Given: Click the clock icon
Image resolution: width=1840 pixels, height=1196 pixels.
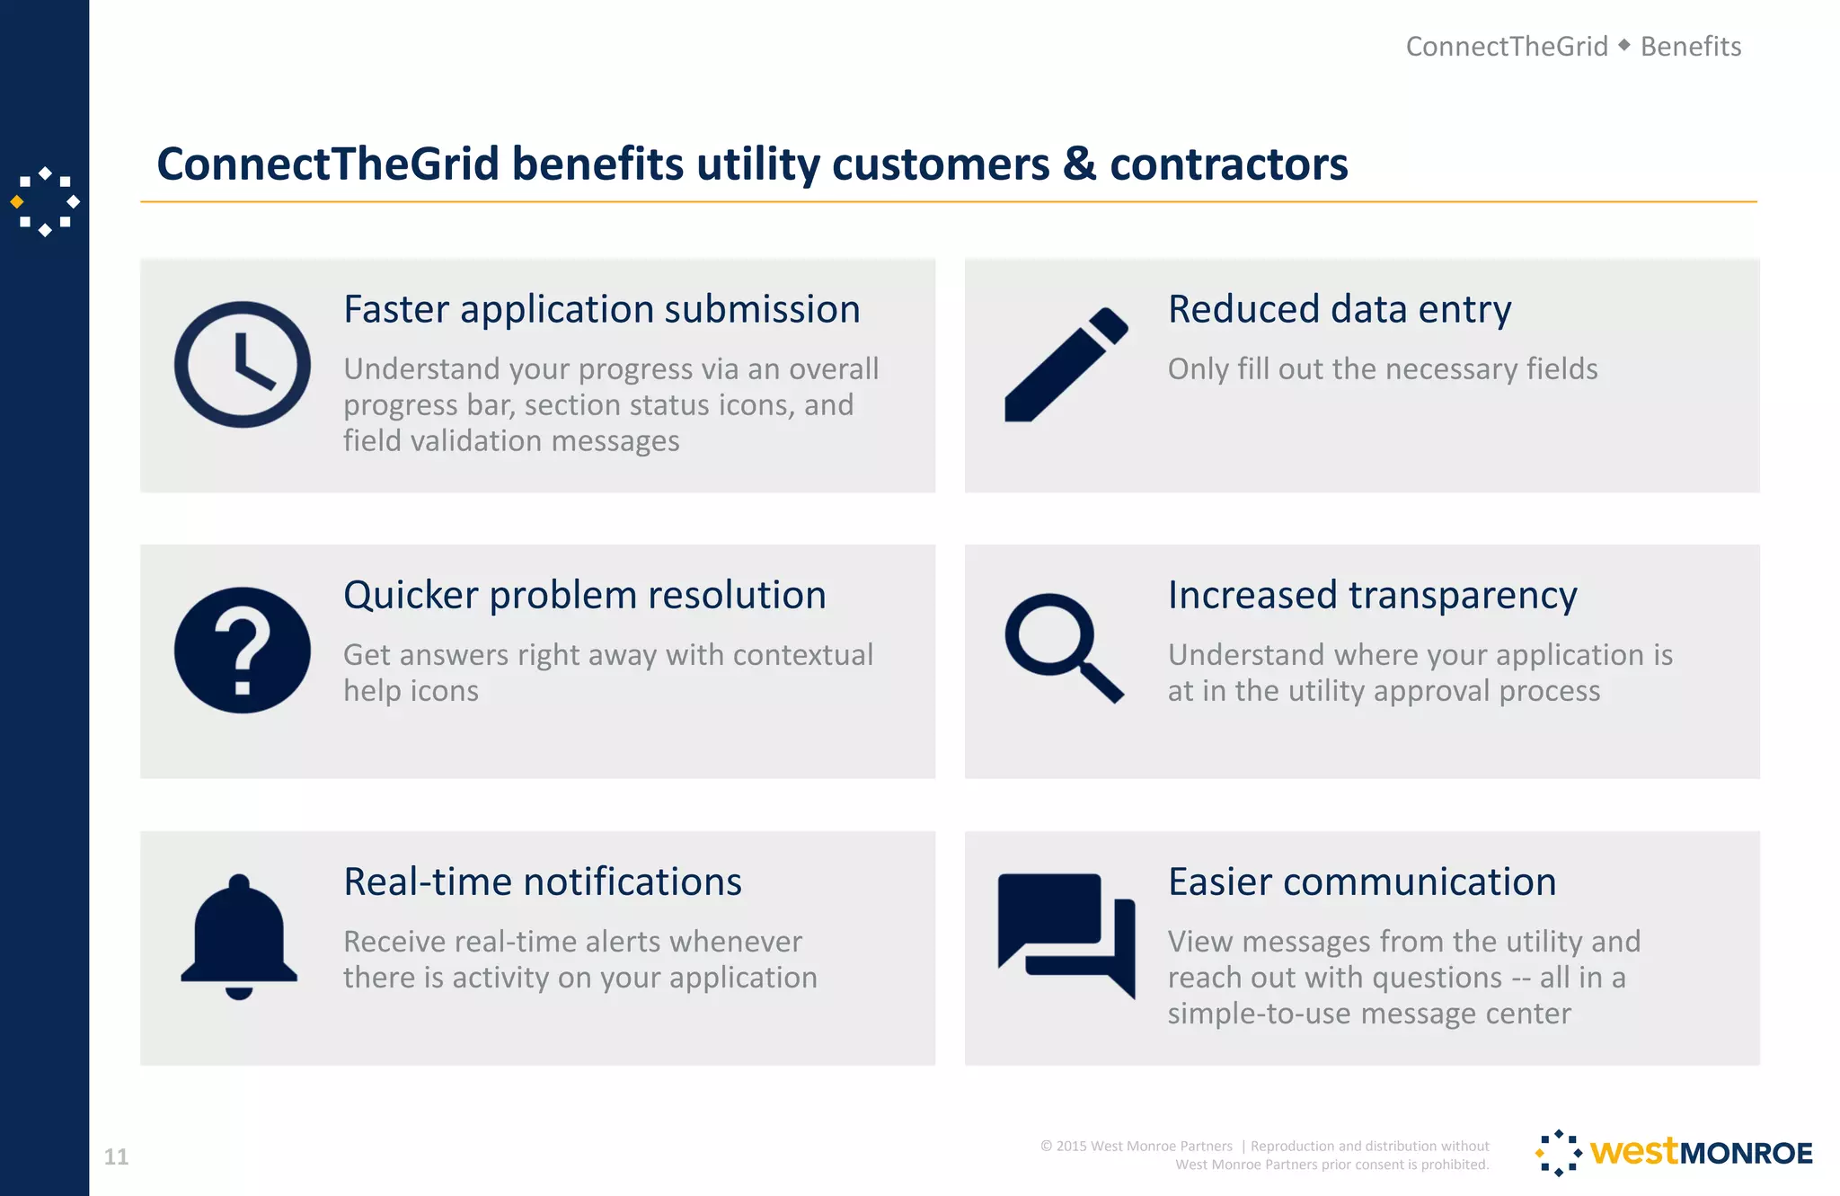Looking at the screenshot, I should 242,365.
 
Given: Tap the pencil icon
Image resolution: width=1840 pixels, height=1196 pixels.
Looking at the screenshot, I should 1066,365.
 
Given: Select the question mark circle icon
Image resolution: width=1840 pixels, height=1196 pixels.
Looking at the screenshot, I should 242,651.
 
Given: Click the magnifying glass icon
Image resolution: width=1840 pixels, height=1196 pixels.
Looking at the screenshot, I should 1064,647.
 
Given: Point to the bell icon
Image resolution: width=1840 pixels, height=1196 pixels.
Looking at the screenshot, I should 239,936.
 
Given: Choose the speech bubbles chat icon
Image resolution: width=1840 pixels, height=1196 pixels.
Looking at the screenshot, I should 1066,935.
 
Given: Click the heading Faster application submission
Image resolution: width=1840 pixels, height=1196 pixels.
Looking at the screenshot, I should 602,310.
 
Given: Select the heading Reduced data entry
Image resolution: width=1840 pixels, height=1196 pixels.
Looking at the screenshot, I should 1339,310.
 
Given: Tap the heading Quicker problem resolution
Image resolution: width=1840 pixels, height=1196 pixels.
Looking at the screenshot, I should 585,596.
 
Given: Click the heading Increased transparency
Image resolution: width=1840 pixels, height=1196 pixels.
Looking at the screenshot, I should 1372,596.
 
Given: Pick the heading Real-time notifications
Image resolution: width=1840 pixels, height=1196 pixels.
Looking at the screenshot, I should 543,882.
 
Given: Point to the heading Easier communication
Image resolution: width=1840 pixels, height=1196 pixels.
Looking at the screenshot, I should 1362,882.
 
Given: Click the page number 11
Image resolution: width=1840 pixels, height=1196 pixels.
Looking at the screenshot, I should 116,1156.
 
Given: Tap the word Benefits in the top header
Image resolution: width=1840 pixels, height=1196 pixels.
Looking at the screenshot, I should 1690,47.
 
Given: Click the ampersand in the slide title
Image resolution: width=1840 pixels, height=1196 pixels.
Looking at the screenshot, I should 1079,164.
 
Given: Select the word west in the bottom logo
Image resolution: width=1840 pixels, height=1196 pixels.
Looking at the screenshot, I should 1633,1151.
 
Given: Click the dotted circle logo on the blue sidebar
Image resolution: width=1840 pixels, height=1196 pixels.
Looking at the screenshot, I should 45,202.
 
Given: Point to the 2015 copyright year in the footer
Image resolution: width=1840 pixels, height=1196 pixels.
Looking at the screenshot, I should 1071,1147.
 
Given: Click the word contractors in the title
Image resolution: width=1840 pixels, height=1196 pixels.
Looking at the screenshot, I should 1228,164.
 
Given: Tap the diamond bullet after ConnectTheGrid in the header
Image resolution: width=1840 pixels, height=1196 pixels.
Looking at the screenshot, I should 1623,45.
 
